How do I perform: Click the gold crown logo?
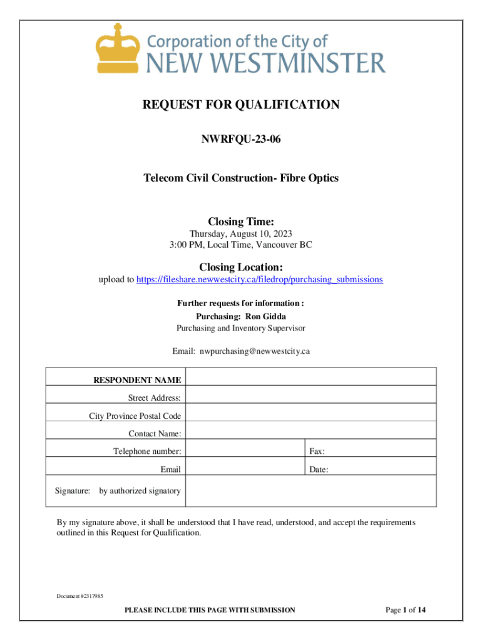click(117, 49)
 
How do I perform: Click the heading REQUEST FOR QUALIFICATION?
click(241, 105)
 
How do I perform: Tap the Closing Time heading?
click(241, 222)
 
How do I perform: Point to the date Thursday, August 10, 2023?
click(241, 233)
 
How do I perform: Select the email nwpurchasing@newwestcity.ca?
click(254, 351)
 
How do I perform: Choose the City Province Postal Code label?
click(135, 416)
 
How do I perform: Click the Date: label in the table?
click(319, 469)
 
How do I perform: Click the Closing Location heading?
click(241, 267)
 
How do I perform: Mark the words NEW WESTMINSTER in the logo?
click(265, 63)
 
